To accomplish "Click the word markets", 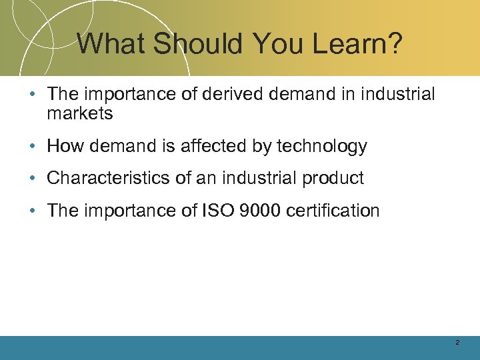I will tap(80, 113).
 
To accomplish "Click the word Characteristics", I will tap(109, 178).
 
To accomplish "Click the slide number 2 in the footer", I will tap(457, 342).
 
